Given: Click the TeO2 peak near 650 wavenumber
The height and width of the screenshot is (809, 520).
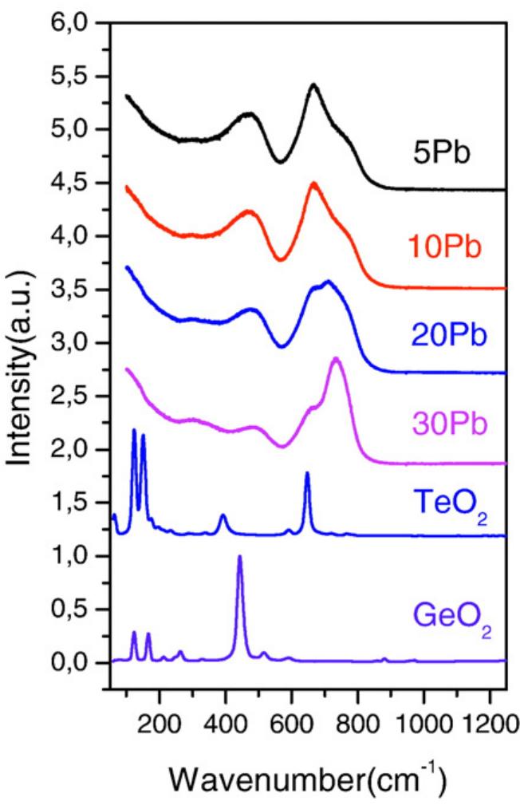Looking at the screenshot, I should point(307,473).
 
